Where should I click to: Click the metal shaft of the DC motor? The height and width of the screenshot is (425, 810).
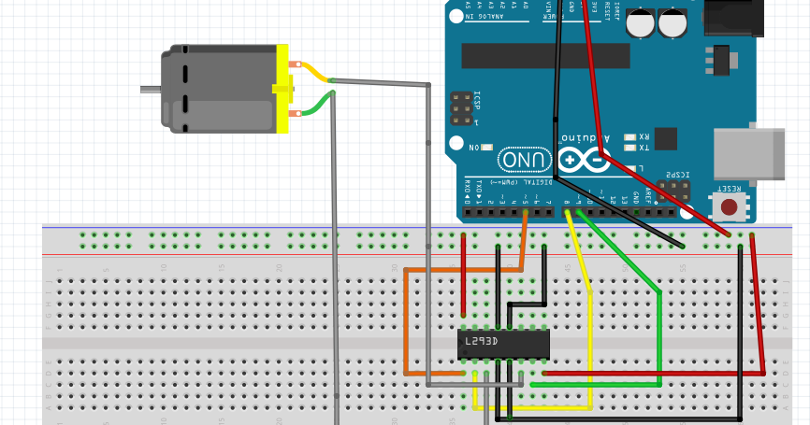[150, 90]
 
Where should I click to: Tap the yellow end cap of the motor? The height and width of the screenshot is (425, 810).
[282, 89]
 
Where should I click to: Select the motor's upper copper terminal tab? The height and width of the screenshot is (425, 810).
[295, 64]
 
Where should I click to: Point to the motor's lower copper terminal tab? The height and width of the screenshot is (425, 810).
[295, 114]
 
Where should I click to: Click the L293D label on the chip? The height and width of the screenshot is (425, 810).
[482, 342]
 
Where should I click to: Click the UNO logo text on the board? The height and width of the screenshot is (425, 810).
[525, 161]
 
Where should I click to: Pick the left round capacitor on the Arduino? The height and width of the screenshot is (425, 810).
[640, 22]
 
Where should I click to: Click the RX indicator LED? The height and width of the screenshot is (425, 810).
[629, 136]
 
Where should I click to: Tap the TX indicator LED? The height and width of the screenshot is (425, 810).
[629, 148]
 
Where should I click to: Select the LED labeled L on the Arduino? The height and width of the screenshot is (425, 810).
[629, 169]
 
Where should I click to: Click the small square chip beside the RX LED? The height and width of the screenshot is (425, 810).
[665, 138]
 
